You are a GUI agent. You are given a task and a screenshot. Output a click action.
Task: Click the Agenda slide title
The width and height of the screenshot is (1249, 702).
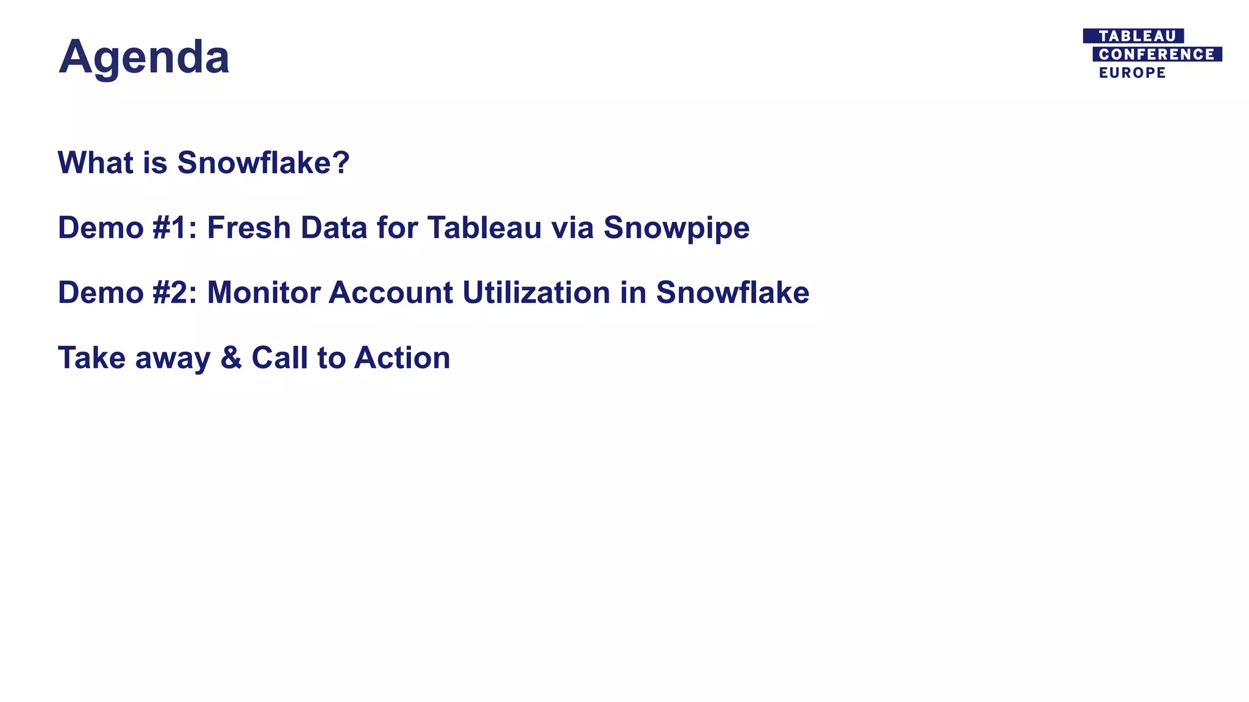[144, 57]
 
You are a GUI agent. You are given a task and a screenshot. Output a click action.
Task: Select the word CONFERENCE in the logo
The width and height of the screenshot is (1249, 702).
[1156, 54]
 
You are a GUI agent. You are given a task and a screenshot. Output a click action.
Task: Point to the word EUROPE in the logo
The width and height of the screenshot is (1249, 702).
[1132, 73]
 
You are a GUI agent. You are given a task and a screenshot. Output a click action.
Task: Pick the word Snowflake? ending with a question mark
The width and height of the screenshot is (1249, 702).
[263, 163]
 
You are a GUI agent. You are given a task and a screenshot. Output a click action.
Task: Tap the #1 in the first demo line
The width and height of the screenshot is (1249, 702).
[174, 228]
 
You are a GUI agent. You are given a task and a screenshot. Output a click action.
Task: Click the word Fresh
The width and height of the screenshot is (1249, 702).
[248, 228]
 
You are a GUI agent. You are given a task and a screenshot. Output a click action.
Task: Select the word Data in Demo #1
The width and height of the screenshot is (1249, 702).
[334, 228]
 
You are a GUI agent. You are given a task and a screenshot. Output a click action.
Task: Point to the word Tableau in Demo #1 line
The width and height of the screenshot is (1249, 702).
[484, 228]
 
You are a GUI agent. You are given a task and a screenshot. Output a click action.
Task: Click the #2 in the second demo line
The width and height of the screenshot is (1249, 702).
[174, 292]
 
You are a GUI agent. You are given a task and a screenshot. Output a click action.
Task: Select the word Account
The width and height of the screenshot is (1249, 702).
[391, 292]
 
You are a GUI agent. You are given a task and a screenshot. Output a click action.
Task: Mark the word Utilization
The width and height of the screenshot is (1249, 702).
[536, 292]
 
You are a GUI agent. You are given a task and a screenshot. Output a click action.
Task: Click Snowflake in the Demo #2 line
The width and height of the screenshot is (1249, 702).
[732, 292]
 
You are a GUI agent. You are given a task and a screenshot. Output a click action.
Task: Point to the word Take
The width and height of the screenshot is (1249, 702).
[91, 358]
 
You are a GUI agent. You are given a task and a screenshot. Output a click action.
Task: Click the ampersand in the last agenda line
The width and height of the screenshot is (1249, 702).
[231, 358]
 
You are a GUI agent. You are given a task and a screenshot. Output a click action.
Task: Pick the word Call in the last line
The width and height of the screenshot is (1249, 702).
[280, 358]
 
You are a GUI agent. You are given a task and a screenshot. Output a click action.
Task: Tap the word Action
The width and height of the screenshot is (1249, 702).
[402, 358]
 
